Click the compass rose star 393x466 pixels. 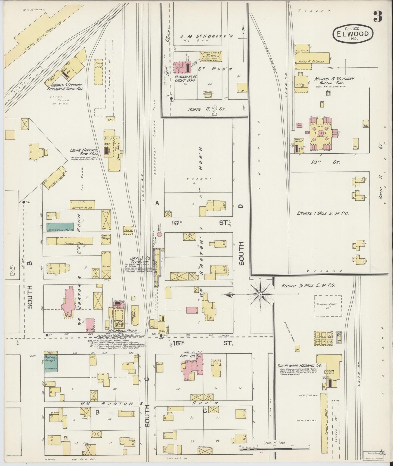point(260,294)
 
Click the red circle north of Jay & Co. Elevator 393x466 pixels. point(160,234)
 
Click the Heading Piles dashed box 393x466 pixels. point(328,306)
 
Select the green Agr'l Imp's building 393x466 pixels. point(51,363)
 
